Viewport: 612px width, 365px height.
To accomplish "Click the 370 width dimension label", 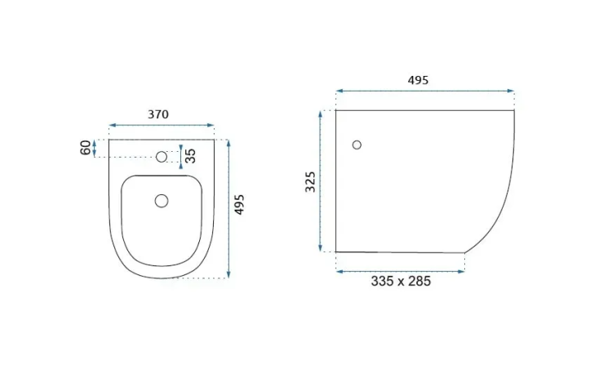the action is (158, 114).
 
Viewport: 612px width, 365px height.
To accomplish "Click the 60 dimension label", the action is (86, 148).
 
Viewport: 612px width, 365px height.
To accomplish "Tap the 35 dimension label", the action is (190, 156).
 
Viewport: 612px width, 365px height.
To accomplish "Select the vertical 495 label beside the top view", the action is (239, 204).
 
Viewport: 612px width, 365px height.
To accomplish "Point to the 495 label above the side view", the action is (418, 80).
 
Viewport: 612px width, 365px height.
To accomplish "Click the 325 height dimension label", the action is (310, 181).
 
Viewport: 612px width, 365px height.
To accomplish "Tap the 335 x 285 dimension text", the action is (401, 281).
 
